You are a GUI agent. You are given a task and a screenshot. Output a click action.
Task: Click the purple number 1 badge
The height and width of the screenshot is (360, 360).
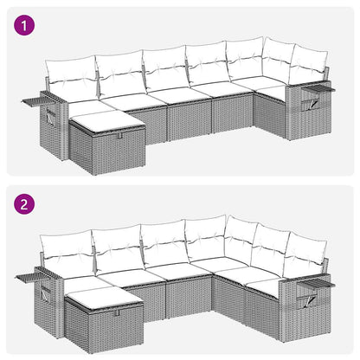26,26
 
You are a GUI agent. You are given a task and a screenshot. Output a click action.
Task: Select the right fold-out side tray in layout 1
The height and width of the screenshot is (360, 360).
323,87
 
